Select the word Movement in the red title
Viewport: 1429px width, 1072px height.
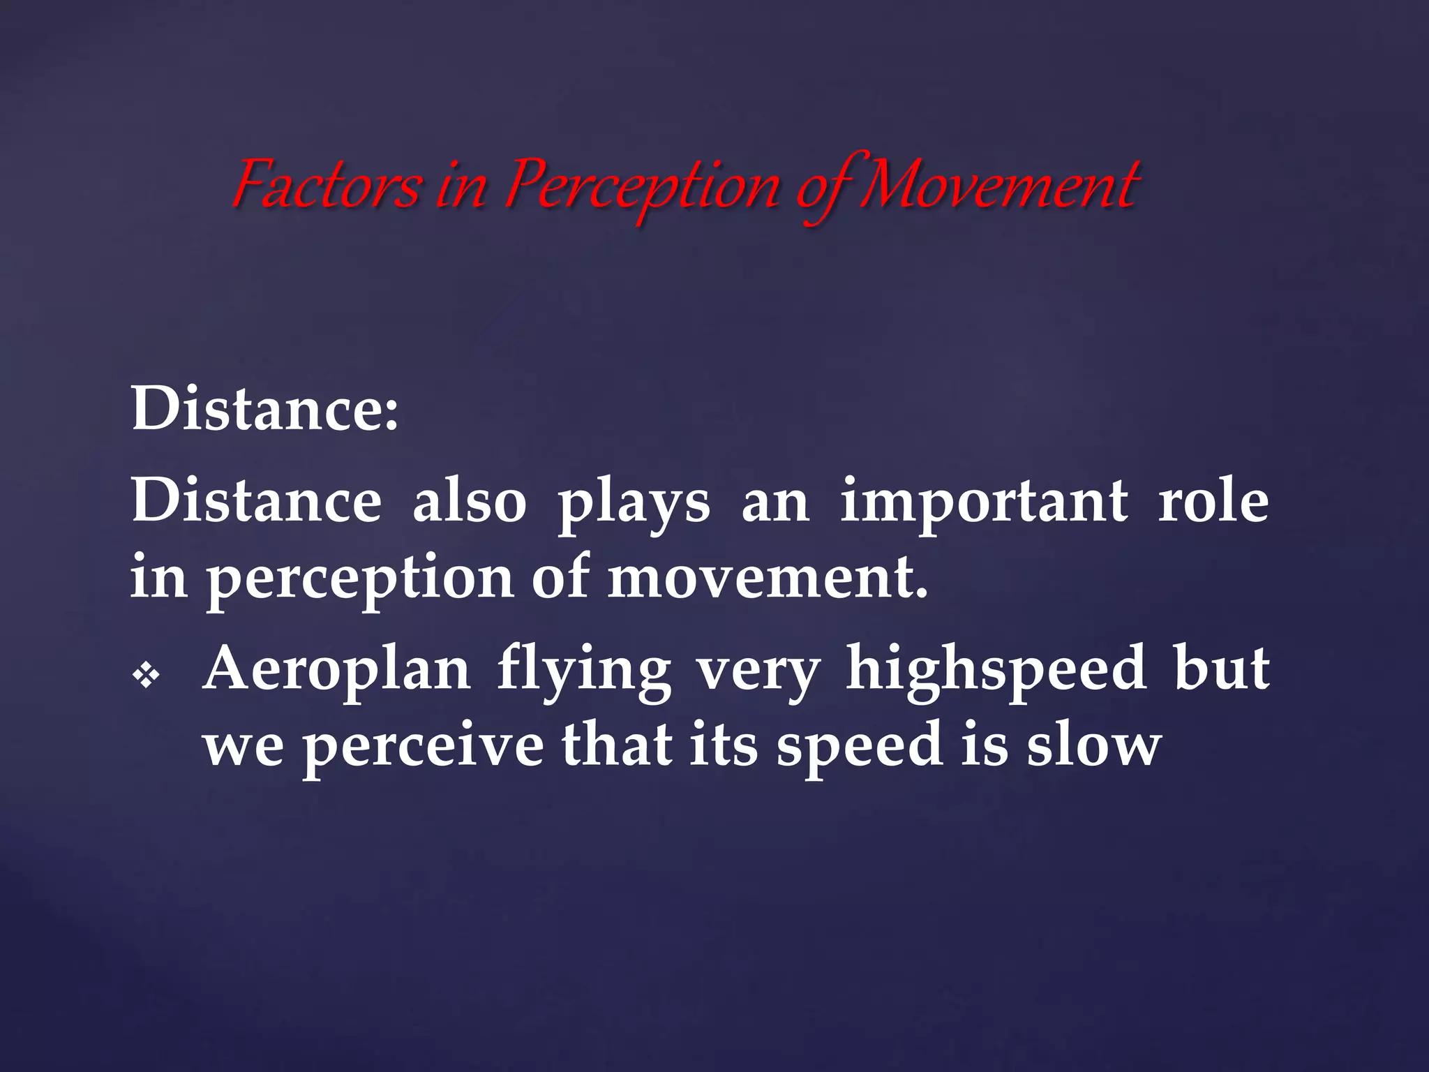point(999,185)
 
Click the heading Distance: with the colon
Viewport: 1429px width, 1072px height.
point(265,409)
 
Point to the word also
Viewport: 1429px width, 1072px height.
point(470,501)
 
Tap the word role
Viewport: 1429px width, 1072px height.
point(1213,501)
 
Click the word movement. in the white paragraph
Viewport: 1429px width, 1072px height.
point(768,578)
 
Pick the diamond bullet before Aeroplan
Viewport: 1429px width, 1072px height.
point(147,676)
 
